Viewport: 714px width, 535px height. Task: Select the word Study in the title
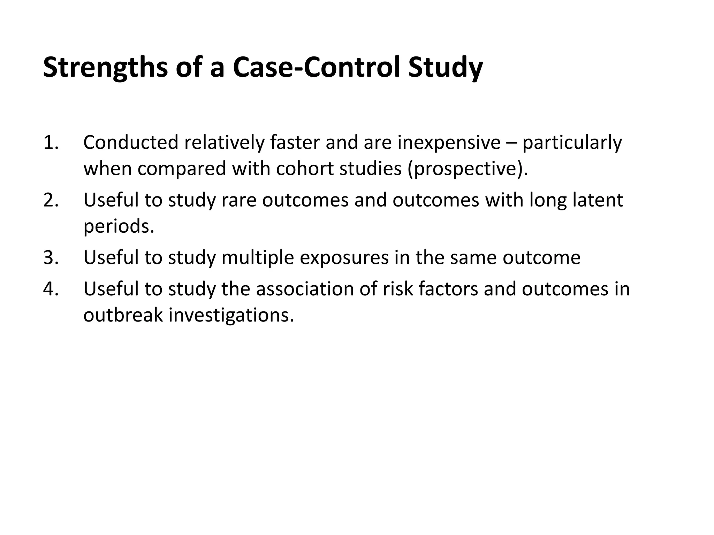click(x=445, y=68)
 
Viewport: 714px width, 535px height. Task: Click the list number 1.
click(x=51, y=143)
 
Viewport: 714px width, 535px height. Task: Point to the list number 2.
click(x=51, y=200)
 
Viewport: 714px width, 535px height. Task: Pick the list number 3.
click(x=51, y=258)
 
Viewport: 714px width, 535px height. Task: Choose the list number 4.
click(x=51, y=289)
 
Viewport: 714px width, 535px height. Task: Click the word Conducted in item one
click(x=131, y=143)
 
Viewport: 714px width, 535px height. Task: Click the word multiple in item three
click(x=257, y=258)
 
